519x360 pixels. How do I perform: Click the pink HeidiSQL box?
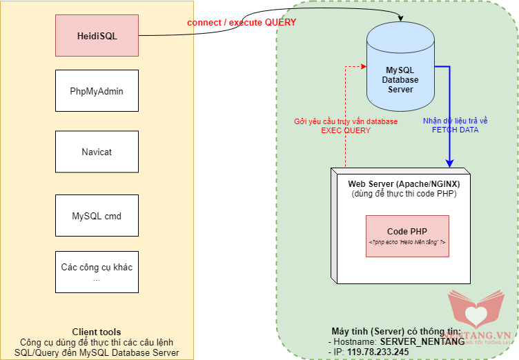[x=96, y=36]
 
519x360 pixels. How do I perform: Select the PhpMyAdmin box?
[x=96, y=90]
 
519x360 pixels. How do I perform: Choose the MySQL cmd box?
[x=96, y=216]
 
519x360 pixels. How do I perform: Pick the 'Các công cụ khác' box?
[x=96, y=272]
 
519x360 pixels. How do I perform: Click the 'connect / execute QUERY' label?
[x=242, y=23]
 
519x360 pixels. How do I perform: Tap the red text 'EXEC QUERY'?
[x=346, y=130]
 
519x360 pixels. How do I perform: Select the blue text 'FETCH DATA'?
[x=455, y=129]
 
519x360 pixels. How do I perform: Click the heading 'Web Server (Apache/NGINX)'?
[x=404, y=183]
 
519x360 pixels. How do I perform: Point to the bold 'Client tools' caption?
[x=96, y=332]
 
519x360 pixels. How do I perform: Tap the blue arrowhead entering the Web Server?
[x=449, y=163]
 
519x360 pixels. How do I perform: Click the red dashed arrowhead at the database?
[x=364, y=66]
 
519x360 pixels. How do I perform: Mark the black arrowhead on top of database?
[x=402, y=19]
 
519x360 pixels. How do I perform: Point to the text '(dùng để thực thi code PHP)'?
[x=404, y=194]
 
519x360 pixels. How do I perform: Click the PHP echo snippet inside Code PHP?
[x=407, y=243]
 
